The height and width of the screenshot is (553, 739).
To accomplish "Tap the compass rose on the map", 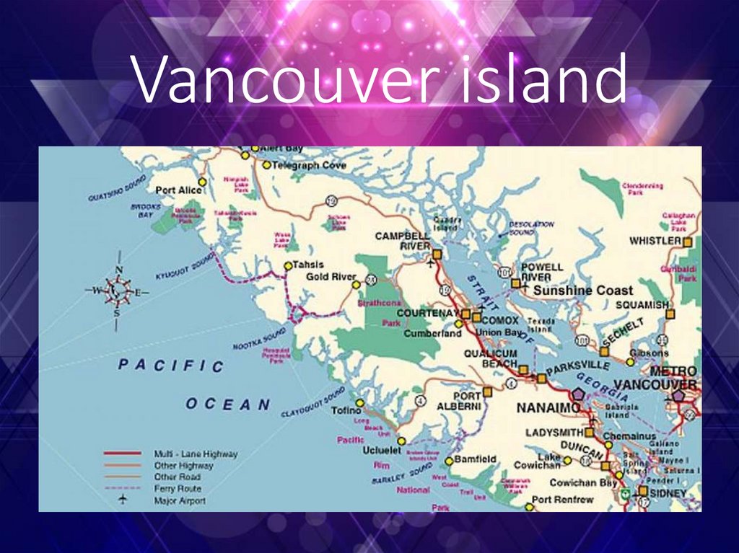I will tap(118, 291).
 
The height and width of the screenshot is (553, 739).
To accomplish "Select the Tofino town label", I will tap(346, 410).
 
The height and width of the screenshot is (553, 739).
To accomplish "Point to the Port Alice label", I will tap(180, 190).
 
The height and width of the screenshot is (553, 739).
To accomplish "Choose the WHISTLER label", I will tap(655, 241).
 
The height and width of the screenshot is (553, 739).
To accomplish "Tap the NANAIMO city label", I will tap(548, 408).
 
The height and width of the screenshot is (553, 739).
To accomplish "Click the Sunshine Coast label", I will tap(582, 291).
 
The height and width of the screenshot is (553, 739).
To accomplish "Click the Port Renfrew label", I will tap(562, 499).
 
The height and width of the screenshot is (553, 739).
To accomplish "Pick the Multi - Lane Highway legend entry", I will tap(196, 454).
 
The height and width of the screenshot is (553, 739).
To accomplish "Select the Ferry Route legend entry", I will tap(177, 489).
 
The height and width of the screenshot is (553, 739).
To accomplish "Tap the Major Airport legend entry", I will tap(180, 500).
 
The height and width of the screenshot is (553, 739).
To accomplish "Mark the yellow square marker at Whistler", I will tap(688, 242).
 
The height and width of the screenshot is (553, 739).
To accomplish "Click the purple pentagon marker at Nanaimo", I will tap(578, 394).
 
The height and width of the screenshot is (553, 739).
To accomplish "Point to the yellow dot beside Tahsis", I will tap(287, 265).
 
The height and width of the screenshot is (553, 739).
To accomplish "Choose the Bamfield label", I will tap(475, 459).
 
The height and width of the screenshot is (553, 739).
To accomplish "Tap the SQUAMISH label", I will tap(642, 305).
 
